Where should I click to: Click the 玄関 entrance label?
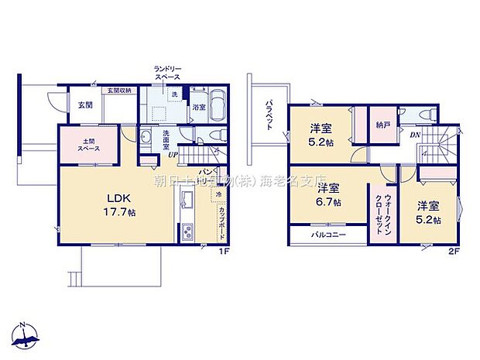(x=84, y=105)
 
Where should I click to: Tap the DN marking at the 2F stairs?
(x=416, y=135)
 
